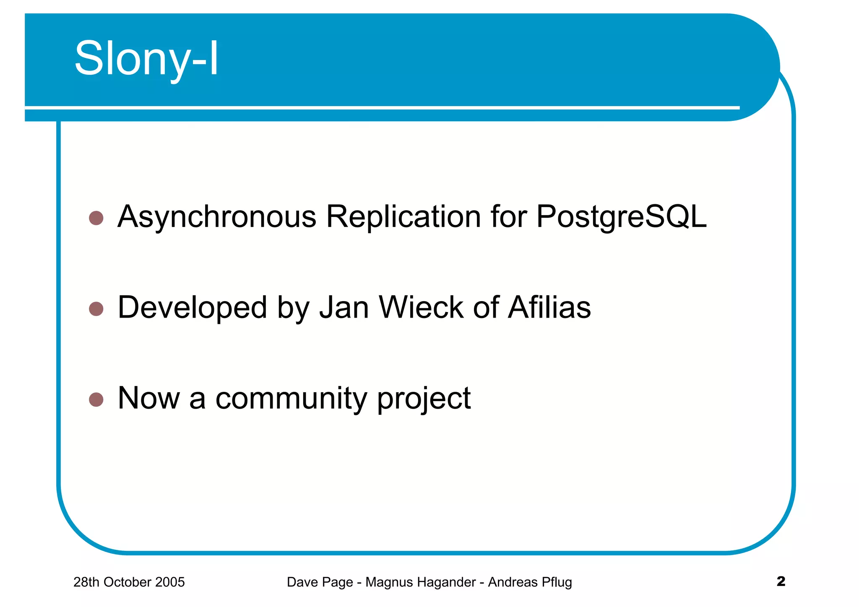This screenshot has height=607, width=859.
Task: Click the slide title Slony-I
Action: pos(146,59)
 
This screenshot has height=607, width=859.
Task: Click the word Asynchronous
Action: pos(217,217)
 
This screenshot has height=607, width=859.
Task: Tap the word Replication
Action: pos(403,217)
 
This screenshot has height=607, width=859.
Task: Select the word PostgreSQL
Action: pos(621,217)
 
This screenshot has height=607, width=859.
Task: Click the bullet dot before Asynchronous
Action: pos(96,218)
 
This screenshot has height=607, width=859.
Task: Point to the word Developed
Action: pos(192,307)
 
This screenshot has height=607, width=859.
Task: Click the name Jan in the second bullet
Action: pos(344,307)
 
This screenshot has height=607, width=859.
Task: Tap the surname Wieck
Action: pos(422,307)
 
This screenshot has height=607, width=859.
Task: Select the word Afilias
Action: pos(549,307)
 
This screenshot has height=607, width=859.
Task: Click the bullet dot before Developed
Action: pos(96,309)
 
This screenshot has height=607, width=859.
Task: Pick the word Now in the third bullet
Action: pos(149,398)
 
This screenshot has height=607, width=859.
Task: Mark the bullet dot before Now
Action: pos(96,400)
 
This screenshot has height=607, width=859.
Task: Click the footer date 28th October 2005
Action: pos(129,582)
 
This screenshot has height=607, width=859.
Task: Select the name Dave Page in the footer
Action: pos(320,582)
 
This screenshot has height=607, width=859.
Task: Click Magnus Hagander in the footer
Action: pos(420,582)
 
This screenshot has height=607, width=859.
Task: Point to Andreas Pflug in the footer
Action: pos(530,582)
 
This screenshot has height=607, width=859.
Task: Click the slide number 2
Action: pos(781,581)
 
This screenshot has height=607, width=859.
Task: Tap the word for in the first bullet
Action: pos(509,217)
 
